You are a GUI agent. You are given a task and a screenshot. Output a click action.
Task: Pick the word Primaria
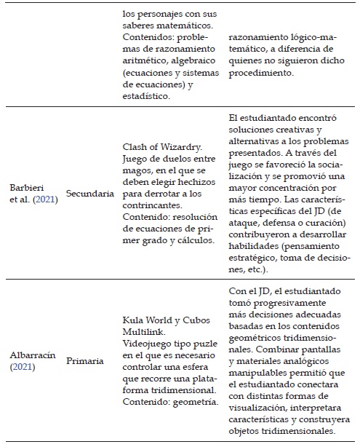pyautogui.click(x=85, y=361)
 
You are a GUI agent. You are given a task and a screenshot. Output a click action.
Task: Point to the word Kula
pyautogui.click(x=135, y=319)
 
